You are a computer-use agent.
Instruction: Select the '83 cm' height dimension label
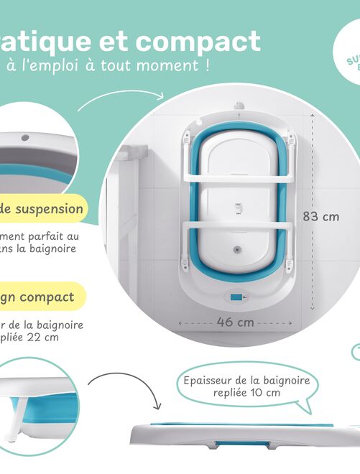[x=320, y=216]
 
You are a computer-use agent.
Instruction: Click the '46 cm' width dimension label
[x=236, y=322]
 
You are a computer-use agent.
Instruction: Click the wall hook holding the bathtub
[x=236, y=109]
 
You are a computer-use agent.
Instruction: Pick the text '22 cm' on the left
[x=43, y=337]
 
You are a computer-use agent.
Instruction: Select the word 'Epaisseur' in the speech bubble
[x=208, y=380]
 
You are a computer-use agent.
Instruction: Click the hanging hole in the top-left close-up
[x=25, y=136]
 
